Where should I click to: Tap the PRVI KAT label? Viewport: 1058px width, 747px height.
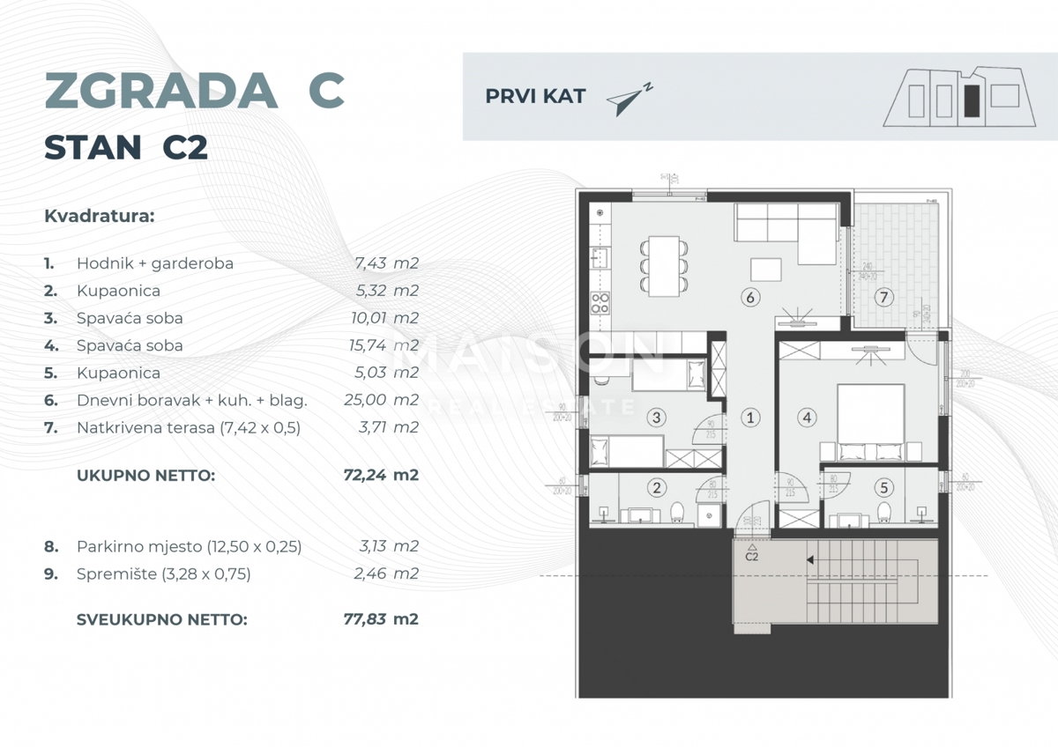[535, 97]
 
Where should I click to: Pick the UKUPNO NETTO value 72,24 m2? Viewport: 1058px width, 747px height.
[381, 476]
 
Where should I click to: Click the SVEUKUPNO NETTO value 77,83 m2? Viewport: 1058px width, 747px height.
[381, 619]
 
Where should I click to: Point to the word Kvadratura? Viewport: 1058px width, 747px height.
[99, 216]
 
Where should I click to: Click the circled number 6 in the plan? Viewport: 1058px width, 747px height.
[750, 298]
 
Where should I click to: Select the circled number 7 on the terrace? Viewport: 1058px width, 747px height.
[883, 298]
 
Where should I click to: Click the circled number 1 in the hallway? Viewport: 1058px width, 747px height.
[749, 418]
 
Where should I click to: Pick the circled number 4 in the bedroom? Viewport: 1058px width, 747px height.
[805, 418]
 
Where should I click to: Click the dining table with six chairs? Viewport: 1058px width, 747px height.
[661, 263]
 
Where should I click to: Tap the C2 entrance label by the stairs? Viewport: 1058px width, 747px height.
[752, 554]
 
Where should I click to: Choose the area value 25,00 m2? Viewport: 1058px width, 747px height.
[381, 400]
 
